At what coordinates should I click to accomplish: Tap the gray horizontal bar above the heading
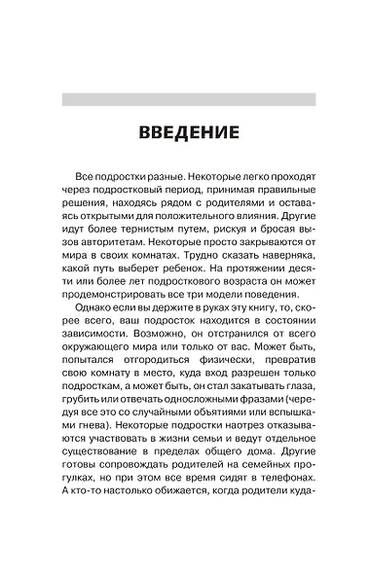coord(188,99)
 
